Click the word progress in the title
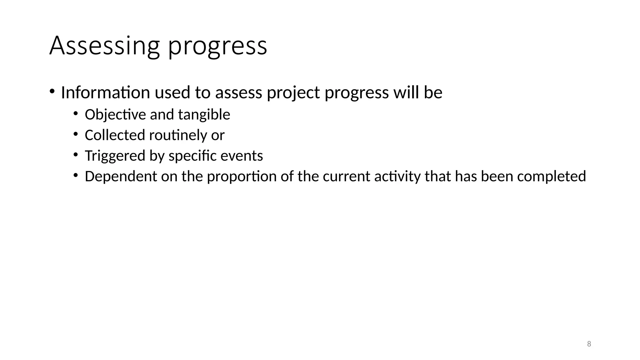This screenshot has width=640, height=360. point(217,47)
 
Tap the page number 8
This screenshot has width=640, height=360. point(589,344)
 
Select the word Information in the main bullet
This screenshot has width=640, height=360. point(106,93)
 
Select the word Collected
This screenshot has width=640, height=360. point(115,135)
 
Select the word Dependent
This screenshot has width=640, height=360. point(121,177)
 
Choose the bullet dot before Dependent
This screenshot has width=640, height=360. point(75,175)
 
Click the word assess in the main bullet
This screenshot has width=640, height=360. point(238,93)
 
